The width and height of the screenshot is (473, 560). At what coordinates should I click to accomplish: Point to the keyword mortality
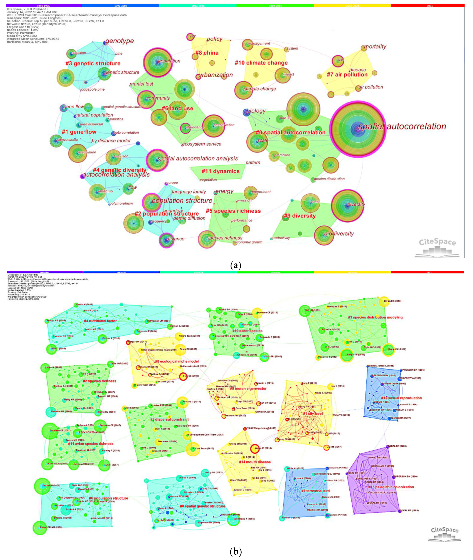coord(375,47)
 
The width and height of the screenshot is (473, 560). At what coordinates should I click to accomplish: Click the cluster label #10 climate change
coord(261,63)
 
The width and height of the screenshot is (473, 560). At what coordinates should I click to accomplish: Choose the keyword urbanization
coord(215,75)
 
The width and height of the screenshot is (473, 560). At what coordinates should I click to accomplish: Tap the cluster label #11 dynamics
coord(220,171)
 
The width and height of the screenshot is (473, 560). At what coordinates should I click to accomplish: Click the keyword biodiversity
coord(339,234)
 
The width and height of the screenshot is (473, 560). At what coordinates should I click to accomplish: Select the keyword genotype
coord(119,41)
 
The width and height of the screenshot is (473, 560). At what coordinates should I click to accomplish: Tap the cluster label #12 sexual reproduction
coord(401,398)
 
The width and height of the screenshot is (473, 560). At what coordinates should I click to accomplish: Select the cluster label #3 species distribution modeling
coord(375,317)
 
